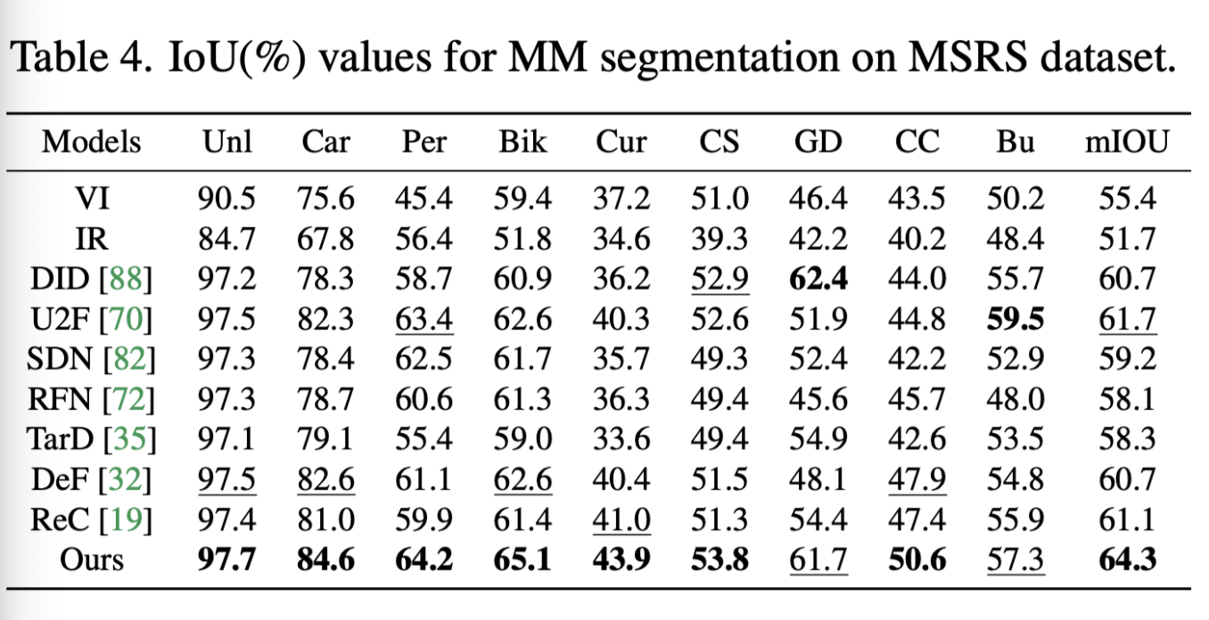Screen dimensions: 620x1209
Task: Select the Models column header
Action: point(92,142)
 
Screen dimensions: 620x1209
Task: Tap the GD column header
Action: point(817,142)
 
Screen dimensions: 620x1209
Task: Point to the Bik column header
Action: point(522,142)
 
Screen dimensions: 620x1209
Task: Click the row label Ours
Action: point(92,559)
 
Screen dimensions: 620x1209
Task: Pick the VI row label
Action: point(92,198)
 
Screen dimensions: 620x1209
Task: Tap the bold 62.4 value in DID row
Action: point(818,280)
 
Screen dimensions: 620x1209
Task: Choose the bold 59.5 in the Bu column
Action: point(1015,320)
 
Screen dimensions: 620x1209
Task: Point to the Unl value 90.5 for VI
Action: point(226,198)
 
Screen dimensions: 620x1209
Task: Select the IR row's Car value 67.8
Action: point(325,239)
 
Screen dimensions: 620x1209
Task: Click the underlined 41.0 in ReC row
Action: point(621,518)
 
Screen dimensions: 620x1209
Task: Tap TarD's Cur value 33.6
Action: point(621,439)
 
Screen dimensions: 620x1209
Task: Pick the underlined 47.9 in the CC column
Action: point(916,479)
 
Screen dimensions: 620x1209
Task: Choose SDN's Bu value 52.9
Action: point(1015,360)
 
